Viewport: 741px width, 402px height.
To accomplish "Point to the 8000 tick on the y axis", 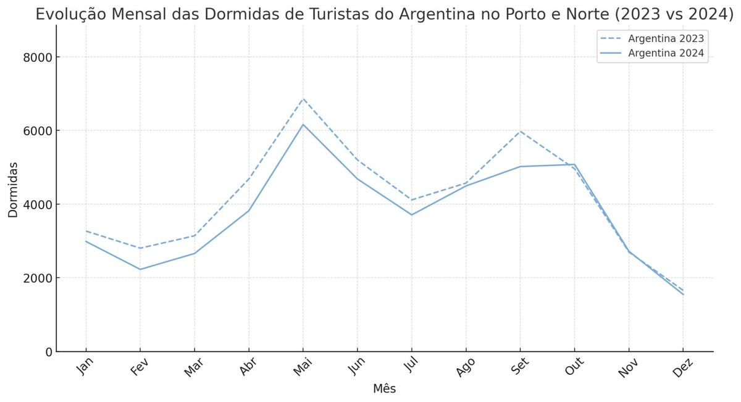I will click(x=38, y=57).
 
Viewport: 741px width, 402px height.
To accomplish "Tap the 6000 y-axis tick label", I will click(x=38, y=131).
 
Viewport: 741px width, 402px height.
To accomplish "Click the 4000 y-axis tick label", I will click(x=38, y=204).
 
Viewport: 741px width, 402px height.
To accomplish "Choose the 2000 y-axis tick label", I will click(x=38, y=278).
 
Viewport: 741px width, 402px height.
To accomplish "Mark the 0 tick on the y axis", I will click(x=48, y=351).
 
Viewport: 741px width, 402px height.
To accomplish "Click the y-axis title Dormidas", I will click(x=13, y=190).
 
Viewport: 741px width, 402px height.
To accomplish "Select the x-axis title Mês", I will click(x=384, y=389).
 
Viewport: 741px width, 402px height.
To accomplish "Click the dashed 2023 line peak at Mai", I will click(x=303, y=99).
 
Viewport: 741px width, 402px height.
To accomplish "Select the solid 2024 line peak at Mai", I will click(x=303, y=125).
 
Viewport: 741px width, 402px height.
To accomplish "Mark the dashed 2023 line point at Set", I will click(x=521, y=132).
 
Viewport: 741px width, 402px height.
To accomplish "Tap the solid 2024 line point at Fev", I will click(x=140, y=269).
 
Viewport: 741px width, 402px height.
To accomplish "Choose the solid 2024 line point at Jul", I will click(x=412, y=215).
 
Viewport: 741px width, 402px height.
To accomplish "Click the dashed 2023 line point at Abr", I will click(x=249, y=179).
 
